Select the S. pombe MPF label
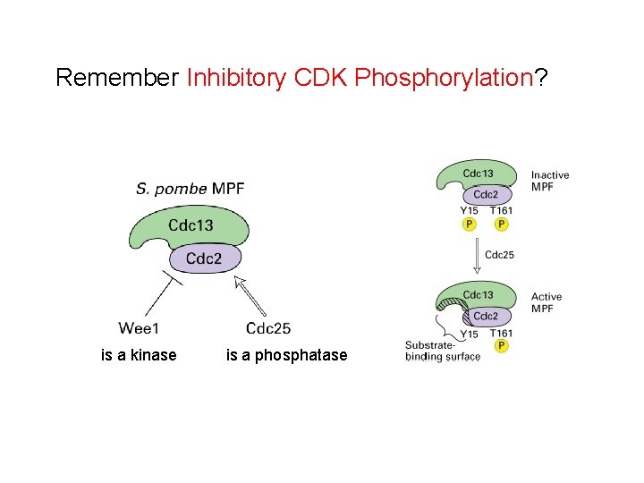click(190, 189)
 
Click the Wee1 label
click(140, 328)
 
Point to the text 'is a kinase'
click(139, 355)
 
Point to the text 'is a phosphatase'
click(286, 355)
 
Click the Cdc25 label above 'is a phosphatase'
click(267, 328)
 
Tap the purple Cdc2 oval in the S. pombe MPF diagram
click(203, 259)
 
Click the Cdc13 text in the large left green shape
click(191, 225)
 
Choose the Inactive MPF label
click(549, 181)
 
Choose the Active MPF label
click(547, 302)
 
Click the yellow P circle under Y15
click(469, 225)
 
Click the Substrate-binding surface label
click(442, 351)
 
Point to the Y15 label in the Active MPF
click(469, 334)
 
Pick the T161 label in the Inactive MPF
click(501, 211)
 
